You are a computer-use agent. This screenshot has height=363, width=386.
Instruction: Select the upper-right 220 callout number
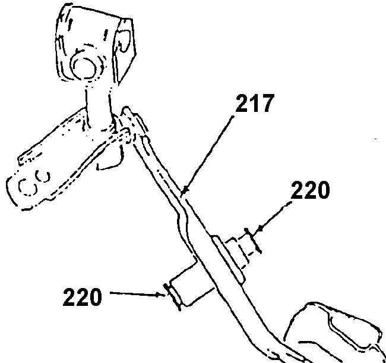(309, 192)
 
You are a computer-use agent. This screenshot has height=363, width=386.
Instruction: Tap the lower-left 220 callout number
(83, 296)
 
